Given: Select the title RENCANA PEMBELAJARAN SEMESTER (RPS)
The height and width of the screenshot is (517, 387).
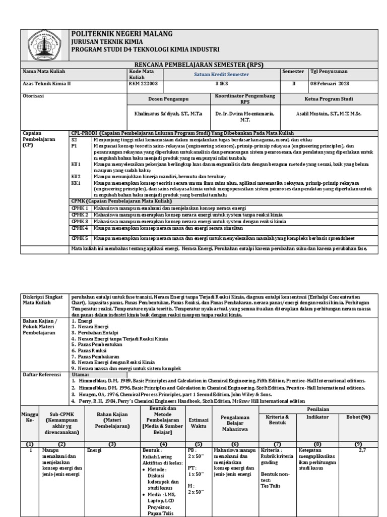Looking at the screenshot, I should (x=199, y=65).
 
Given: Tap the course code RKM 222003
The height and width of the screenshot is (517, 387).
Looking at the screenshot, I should (x=143, y=84).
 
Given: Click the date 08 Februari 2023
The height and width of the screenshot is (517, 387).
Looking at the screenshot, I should (x=329, y=84).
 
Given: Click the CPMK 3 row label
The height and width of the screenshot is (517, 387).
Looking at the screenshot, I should (x=80, y=221).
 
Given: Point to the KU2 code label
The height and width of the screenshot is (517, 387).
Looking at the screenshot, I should (x=76, y=177).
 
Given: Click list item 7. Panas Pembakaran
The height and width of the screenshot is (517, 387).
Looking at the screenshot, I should (x=96, y=355).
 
